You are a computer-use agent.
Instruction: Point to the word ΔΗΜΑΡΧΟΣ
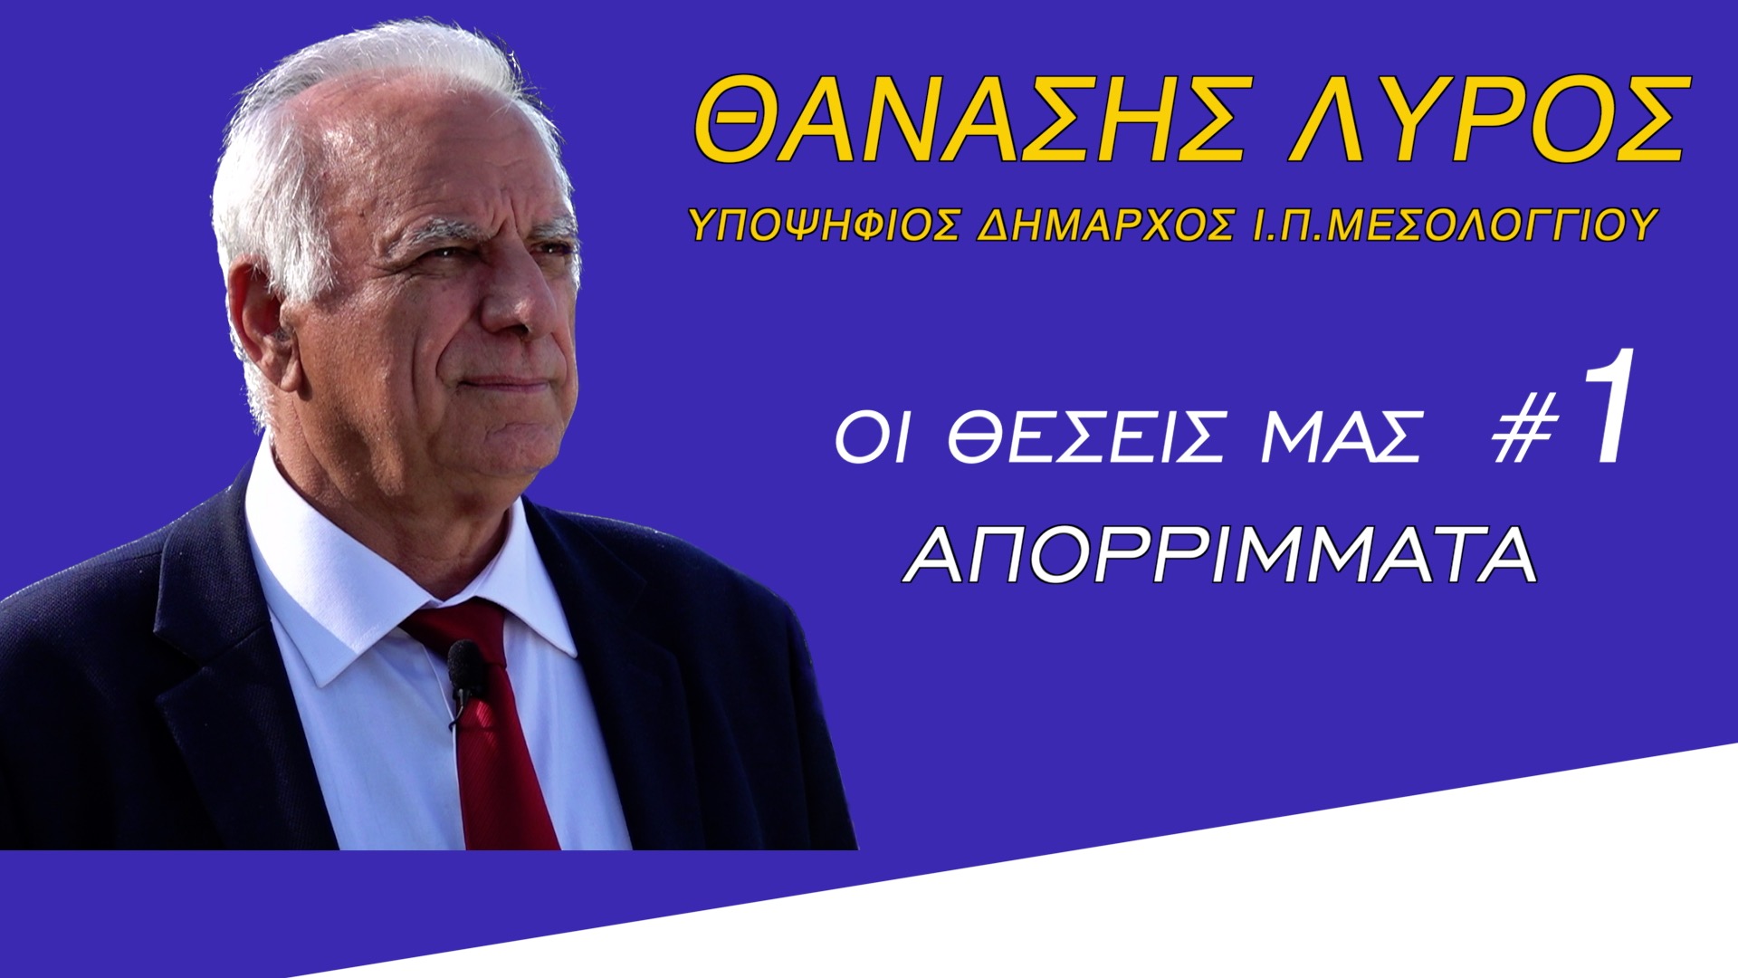click(1105, 225)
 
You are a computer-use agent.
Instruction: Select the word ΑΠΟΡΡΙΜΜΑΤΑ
click(1222, 555)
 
